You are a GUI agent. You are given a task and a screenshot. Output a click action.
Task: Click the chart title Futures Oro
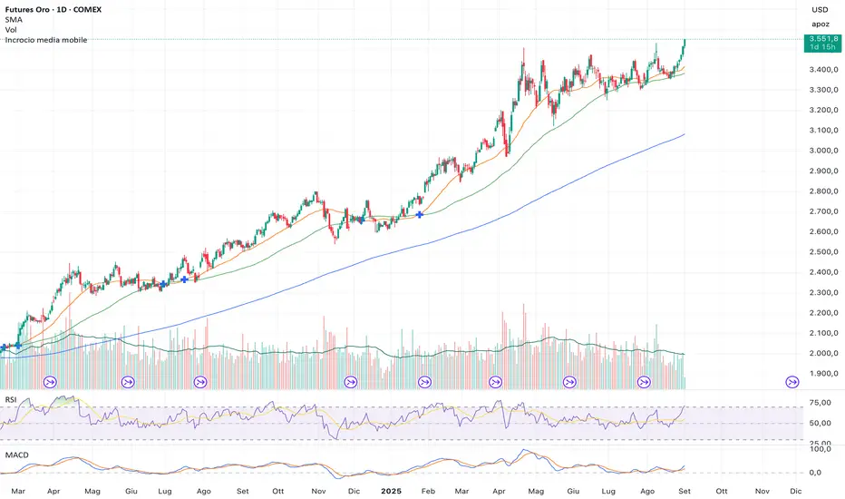[x=34, y=9]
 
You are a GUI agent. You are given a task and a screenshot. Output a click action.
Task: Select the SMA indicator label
[x=14, y=19]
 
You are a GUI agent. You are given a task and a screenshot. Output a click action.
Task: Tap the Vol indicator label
[x=11, y=30]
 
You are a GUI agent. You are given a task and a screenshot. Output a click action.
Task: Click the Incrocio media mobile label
[x=46, y=41]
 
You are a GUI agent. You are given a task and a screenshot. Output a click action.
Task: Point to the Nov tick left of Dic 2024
[x=317, y=491]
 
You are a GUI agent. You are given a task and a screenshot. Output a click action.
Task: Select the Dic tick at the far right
[x=795, y=491]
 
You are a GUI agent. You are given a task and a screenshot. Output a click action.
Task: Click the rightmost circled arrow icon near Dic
[x=792, y=382]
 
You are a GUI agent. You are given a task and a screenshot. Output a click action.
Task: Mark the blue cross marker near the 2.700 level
[x=420, y=215]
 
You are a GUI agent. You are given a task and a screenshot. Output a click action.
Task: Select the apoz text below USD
[x=820, y=24]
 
